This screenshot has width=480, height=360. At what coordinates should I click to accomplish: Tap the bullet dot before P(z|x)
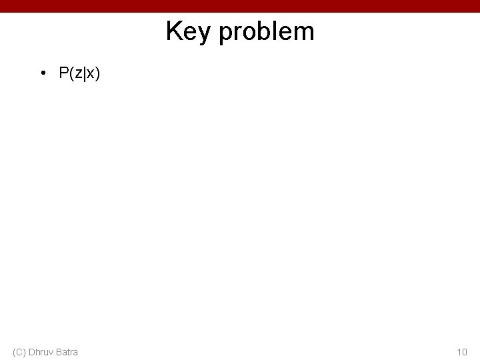pos(43,74)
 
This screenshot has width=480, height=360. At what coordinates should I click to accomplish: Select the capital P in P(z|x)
pos(63,73)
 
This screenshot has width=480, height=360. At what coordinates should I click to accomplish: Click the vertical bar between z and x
pos(83,74)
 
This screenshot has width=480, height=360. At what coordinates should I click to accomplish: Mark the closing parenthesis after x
pos(97,74)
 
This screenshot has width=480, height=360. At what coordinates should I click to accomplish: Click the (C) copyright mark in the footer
pos(19,351)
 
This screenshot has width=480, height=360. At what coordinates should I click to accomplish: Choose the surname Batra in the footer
pos(67,351)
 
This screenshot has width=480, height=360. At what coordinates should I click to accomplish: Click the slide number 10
pos(462,351)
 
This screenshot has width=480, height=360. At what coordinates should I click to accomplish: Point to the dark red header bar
pos(240,6)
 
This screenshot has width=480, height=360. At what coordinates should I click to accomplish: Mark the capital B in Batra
pos(59,351)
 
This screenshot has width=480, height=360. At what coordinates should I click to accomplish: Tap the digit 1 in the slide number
pos(459,351)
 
